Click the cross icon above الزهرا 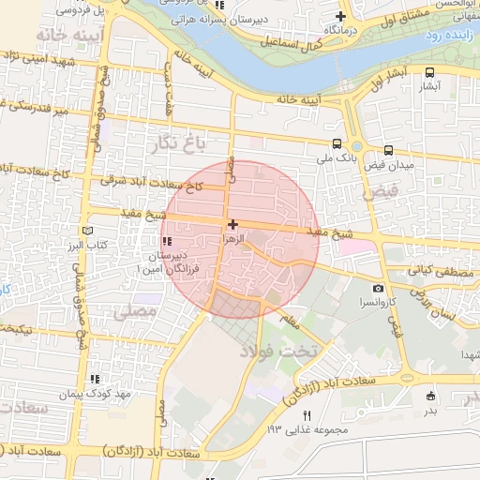point(232,224)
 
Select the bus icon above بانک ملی point(337,144)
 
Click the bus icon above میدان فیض point(389,150)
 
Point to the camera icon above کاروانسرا point(378,289)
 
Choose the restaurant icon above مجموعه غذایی point(305,415)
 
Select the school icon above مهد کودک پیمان point(94,380)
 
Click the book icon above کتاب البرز point(87,231)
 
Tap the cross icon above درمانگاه point(341,16)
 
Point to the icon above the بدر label point(430,396)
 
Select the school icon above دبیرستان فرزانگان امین point(168,242)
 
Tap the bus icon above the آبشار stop point(429,72)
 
